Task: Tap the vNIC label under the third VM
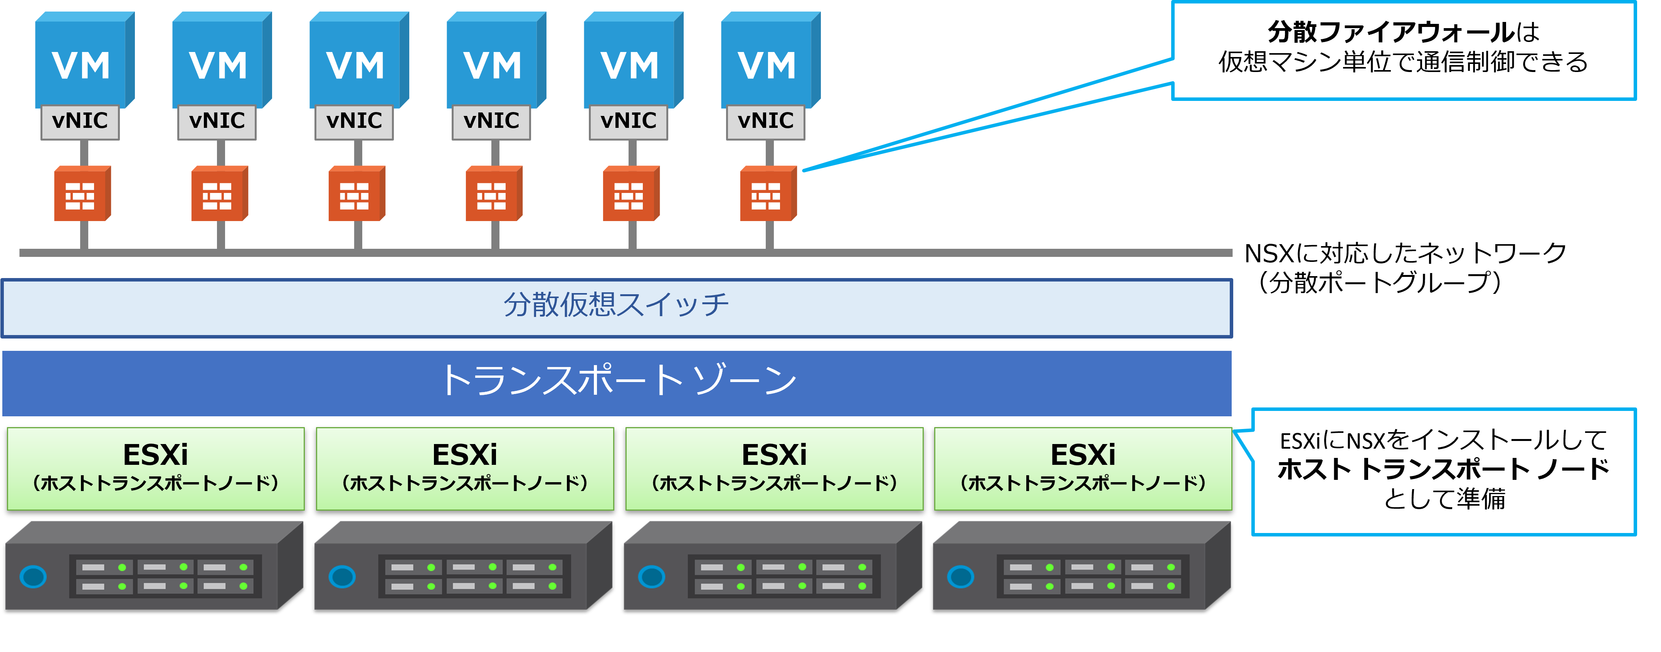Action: click(x=354, y=121)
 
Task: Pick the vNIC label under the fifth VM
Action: click(x=629, y=121)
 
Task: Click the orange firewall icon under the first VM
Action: click(x=81, y=194)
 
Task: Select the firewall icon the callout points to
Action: click(x=767, y=194)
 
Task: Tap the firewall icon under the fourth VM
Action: click(x=493, y=194)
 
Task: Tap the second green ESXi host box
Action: click(x=464, y=469)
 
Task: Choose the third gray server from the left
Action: click(x=772, y=567)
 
